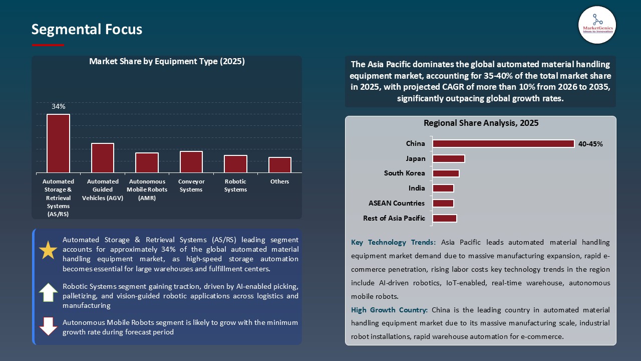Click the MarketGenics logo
click(x=597, y=25)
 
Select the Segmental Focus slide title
click(x=87, y=30)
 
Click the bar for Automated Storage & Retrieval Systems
click(x=58, y=143)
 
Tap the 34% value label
click(x=59, y=106)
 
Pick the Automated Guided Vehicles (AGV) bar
click(x=103, y=158)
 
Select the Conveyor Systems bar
click(x=191, y=162)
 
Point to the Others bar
click(x=279, y=165)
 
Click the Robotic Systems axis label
click(x=235, y=186)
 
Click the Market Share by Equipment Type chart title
click(x=167, y=62)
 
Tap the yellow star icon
click(x=48, y=250)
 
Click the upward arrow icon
click(x=48, y=292)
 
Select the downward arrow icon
click(x=48, y=326)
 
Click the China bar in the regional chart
click(x=503, y=144)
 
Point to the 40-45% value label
click(x=590, y=144)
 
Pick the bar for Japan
click(x=449, y=159)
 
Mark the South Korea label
click(x=404, y=173)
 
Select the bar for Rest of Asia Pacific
click(x=445, y=219)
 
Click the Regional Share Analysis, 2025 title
click(x=481, y=123)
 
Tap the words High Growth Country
click(x=389, y=310)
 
